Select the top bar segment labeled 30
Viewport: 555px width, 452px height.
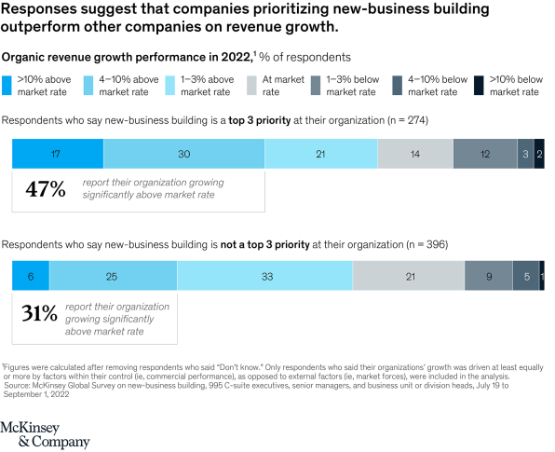point(184,153)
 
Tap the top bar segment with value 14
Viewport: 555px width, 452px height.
point(414,153)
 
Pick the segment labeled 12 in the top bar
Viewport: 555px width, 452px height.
point(484,153)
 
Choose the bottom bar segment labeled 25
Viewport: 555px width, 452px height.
point(113,276)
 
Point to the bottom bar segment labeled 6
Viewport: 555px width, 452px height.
point(31,276)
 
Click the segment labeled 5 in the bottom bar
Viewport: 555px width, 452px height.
point(526,276)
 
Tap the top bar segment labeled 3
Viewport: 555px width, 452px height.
point(526,153)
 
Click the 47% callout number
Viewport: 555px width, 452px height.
point(45,189)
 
